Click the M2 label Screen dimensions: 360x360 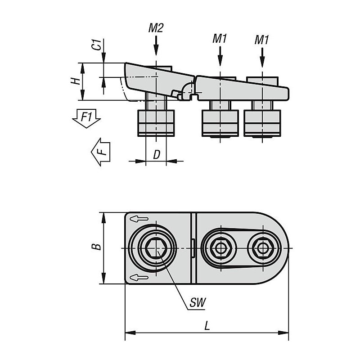[x=156, y=28]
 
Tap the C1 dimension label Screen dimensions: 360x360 [x=95, y=45]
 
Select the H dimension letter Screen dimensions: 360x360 [x=76, y=81]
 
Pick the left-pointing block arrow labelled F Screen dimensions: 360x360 [x=101, y=151]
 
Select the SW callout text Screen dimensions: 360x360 [x=197, y=303]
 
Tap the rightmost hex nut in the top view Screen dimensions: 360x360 [x=261, y=248]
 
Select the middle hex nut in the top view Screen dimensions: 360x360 [x=220, y=248]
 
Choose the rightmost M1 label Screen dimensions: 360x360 [x=261, y=40]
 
